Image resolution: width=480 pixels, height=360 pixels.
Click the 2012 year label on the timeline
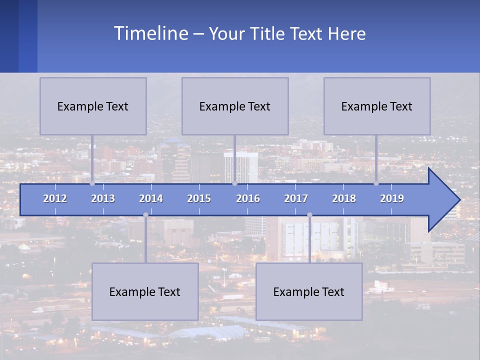tap(55, 198)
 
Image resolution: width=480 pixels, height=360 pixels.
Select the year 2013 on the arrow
tap(103, 198)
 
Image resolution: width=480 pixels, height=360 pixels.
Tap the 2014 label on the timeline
tap(151, 198)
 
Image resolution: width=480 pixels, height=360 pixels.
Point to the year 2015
tap(199, 198)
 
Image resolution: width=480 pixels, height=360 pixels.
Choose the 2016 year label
tap(248, 198)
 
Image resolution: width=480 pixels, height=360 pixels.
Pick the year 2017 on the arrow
tap(296, 198)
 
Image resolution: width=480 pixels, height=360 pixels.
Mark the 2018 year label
tap(344, 198)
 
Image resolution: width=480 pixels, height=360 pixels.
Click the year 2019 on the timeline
tap(392, 198)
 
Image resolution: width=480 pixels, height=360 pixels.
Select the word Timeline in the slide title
tap(150, 33)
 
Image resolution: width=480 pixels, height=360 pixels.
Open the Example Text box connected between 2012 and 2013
tap(93, 106)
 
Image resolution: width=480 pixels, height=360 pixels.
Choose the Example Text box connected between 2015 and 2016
tap(235, 106)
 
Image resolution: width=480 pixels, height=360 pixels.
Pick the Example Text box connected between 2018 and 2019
tap(377, 106)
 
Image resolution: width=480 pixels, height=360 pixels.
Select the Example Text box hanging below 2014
tap(145, 291)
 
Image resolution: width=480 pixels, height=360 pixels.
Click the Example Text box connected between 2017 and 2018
tap(309, 291)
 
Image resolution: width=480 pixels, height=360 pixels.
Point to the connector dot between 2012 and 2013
tap(92, 183)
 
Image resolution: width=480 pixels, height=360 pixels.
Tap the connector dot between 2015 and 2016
tap(234, 183)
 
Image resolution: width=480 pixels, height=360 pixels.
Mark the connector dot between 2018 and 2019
tap(376, 183)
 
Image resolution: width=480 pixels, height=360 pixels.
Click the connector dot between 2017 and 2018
tap(309, 215)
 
